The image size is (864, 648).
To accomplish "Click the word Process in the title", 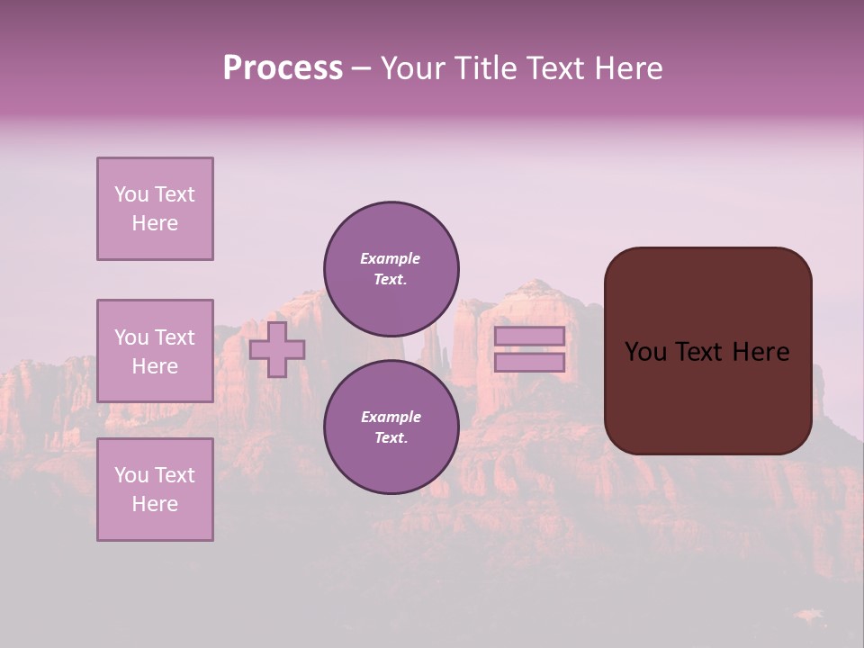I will pos(283,68).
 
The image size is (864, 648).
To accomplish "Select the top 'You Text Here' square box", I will pos(155,209).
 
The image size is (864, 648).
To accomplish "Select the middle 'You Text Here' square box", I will pos(155,351).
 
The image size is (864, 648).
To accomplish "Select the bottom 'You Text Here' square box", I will pos(155,490).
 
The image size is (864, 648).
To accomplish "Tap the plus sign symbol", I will pos(277,350).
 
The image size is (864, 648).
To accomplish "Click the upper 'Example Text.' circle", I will pos(391,269).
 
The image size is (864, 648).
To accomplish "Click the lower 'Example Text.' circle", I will pos(391,427).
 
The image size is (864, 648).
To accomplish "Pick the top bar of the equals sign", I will pos(529,337).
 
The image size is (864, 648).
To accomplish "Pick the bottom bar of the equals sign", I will pos(529,363).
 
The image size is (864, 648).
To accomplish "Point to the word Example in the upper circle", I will pos(390,258).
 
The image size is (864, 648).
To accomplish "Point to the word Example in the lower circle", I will pos(390,417).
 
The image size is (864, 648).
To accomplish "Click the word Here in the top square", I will pos(155,223).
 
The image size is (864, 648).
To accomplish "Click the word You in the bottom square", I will pos(131,475).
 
